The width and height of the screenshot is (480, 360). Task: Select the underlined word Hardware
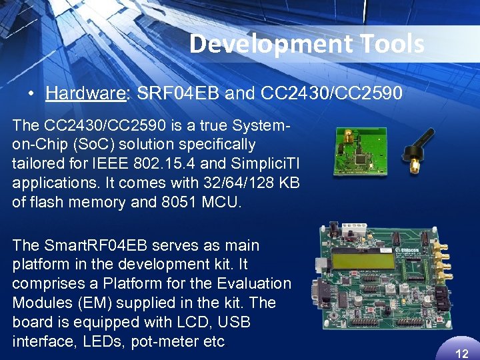[x=85, y=93]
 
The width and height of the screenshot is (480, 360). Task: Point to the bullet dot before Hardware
[x=31, y=93]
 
